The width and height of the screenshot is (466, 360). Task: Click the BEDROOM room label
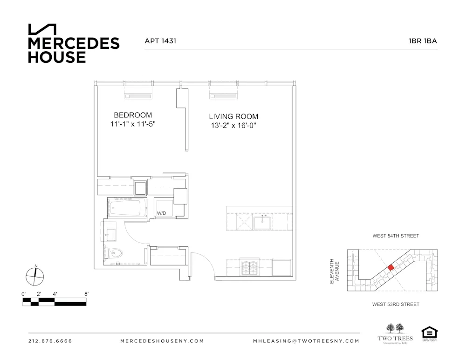click(x=133, y=115)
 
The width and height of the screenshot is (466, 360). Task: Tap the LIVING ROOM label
click(x=233, y=116)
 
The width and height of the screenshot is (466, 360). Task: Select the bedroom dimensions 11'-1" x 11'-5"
click(x=133, y=124)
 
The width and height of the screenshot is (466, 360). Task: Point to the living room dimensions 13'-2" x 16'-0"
click(x=233, y=126)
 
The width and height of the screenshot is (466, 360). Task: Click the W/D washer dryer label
click(x=161, y=214)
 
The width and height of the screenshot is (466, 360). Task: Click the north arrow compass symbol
click(x=34, y=276)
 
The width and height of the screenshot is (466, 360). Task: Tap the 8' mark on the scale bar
click(x=86, y=294)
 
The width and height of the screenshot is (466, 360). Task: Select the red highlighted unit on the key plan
click(x=391, y=267)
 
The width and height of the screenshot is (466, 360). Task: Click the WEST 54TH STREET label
click(x=395, y=236)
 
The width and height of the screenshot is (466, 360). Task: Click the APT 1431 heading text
click(x=160, y=41)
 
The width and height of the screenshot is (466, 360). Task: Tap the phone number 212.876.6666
click(x=50, y=341)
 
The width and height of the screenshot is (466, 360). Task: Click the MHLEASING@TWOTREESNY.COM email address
click(x=306, y=341)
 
